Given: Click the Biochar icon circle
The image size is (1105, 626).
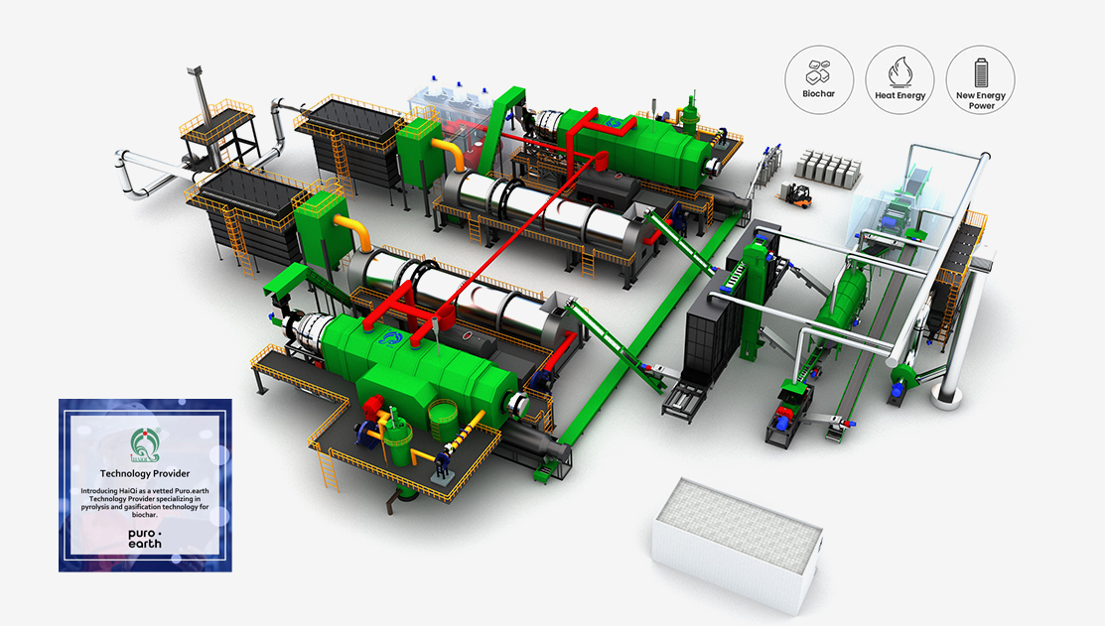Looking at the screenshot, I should coord(819,78).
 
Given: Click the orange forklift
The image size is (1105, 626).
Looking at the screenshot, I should coord(798,194).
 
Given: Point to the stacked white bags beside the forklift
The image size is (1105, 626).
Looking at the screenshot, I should coord(832,169).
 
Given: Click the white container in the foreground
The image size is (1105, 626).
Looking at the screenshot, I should coord(737,541).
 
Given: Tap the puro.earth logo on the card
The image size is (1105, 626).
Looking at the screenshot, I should coord(144,537).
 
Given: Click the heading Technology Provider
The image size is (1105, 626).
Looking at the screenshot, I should coord(145,474).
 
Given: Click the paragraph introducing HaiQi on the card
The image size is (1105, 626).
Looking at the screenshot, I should coord(145,503).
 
